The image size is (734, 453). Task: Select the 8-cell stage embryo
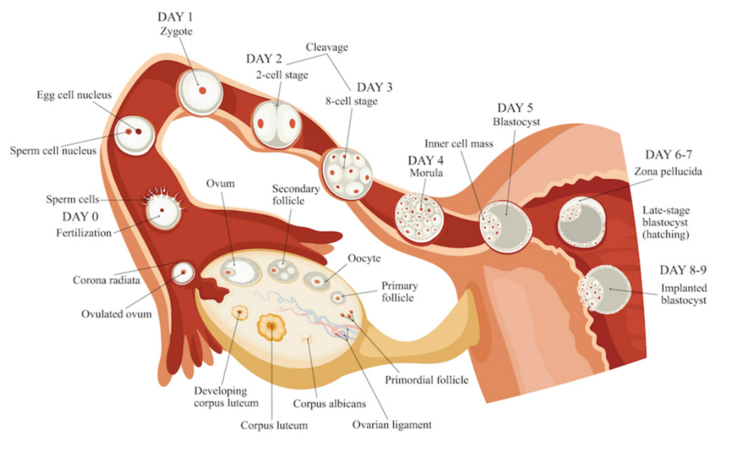pyautogui.click(x=346, y=172)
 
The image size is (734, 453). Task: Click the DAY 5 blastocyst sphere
pyautogui.click(x=506, y=221)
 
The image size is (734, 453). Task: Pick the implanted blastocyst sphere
pyautogui.click(x=603, y=289)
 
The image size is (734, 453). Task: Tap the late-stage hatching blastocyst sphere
pyautogui.click(x=581, y=222)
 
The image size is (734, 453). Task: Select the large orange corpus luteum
pyautogui.click(x=272, y=326)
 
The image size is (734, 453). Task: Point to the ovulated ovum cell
pyautogui.click(x=183, y=271)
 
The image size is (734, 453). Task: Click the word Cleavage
pyautogui.click(x=327, y=47)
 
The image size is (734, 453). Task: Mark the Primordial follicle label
pyautogui.click(x=426, y=380)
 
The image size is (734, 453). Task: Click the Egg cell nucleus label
pyautogui.click(x=74, y=95)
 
